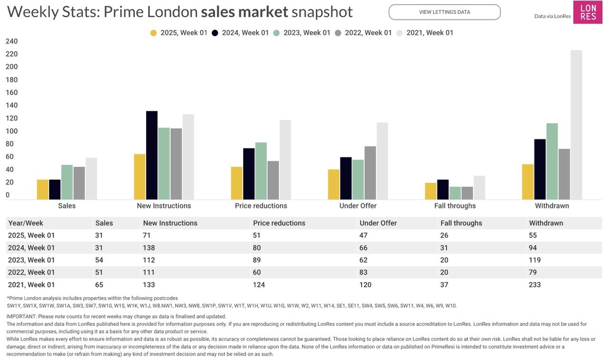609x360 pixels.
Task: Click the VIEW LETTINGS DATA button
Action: tap(444, 12)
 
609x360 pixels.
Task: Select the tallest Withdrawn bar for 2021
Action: tap(576, 125)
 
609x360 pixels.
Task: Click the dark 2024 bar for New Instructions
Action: tap(152, 155)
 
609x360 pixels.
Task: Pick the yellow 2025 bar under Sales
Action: tap(43, 189)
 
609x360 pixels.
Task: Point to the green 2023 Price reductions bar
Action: tap(261, 171)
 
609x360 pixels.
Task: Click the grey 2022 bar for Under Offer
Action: tap(370, 173)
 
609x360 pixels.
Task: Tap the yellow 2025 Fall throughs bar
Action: tap(431, 191)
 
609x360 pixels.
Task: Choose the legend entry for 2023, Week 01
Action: tap(302, 33)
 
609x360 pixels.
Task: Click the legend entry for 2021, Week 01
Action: tap(425, 33)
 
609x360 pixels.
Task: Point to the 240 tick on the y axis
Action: tap(11, 41)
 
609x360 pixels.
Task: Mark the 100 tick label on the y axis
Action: tap(11, 131)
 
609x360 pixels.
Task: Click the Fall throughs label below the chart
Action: tap(455, 206)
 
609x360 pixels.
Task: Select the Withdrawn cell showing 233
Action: tap(535, 285)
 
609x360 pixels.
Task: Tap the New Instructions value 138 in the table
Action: tap(149, 248)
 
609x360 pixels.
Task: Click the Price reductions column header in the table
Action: tap(279, 223)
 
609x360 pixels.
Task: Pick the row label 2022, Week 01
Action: tap(31, 272)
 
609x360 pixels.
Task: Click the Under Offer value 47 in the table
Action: tap(364, 235)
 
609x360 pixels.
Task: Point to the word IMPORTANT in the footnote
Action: tap(21, 316)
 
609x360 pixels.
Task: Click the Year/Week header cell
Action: tap(26, 223)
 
